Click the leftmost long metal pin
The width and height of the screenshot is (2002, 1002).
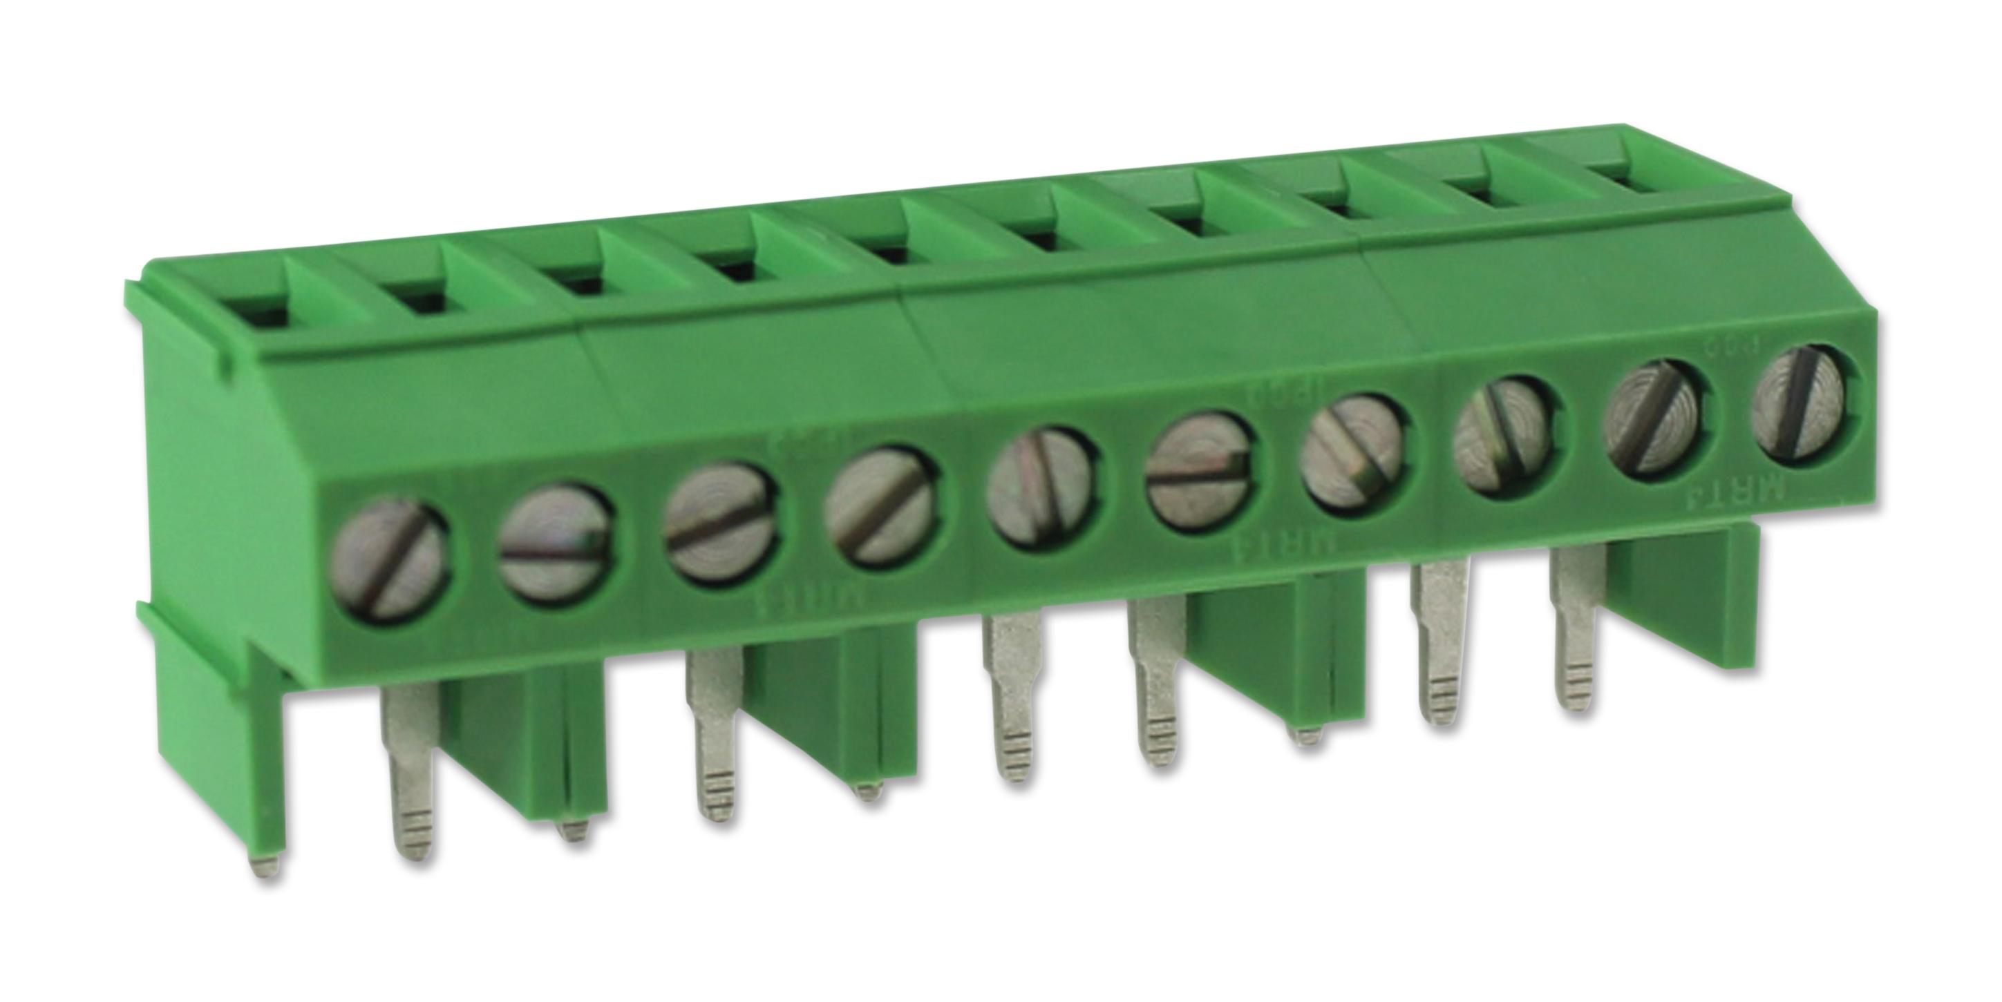(410, 777)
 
